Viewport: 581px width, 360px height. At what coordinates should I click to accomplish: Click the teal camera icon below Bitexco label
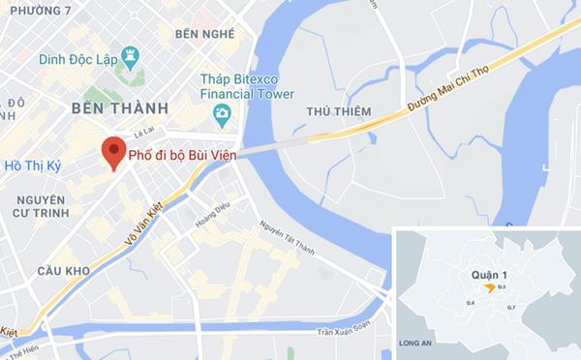point(223,116)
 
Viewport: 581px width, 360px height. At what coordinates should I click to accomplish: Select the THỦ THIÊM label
point(339,112)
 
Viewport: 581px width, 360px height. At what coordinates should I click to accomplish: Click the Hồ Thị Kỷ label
point(32,166)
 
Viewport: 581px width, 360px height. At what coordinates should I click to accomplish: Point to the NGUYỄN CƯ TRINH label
point(33,207)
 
